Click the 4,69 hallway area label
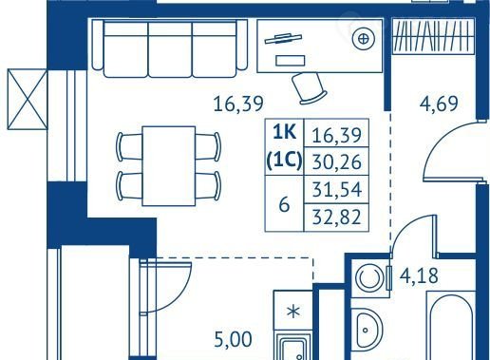[x=439, y=104]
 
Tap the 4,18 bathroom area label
[x=419, y=275]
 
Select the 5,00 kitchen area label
[x=234, y=340]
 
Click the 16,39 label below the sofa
[x=238, y=104]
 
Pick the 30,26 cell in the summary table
[x=336, y=162]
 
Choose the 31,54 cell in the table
[x=337, y=190]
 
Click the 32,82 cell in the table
[x=336, y=218]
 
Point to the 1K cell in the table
[x=285, y=133]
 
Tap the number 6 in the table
[x=284, y=204]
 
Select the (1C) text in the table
[x=284, y=161]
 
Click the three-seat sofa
[x=170, y=48]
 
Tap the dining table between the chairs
[x=168, y=166]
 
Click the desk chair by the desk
[x=309, y=88]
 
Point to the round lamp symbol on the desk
[x=364, y=39]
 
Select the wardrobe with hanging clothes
[x=433, y=36]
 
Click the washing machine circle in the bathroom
[x=368, y=278]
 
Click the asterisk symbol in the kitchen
[x=293, y=312]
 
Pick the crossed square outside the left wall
[x=28, y=99]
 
